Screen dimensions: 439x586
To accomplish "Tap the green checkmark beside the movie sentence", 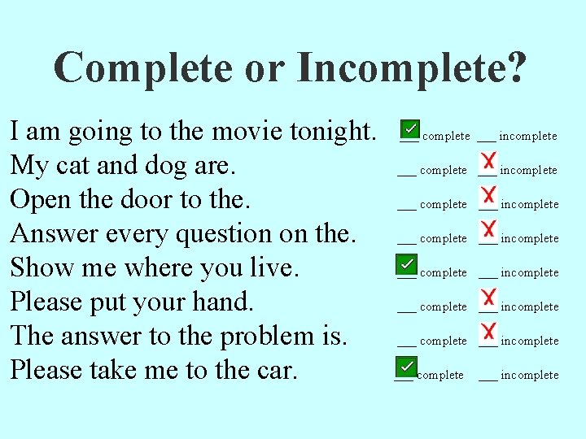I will coord(411,129).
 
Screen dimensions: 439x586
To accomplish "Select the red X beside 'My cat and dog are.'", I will coord(489,161).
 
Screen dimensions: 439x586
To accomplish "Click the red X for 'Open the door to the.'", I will coord(489,195).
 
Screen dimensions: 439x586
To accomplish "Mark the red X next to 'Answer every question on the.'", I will coord(489,229).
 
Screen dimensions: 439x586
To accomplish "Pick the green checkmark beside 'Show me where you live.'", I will coord(405,264).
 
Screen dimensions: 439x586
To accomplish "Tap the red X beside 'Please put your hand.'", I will coord(489,298).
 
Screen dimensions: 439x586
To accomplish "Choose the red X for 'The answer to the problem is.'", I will coord(489,332).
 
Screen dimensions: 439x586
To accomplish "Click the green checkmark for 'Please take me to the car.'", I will coord(405,366).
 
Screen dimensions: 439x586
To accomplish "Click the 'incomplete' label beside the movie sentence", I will coord(527,137).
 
